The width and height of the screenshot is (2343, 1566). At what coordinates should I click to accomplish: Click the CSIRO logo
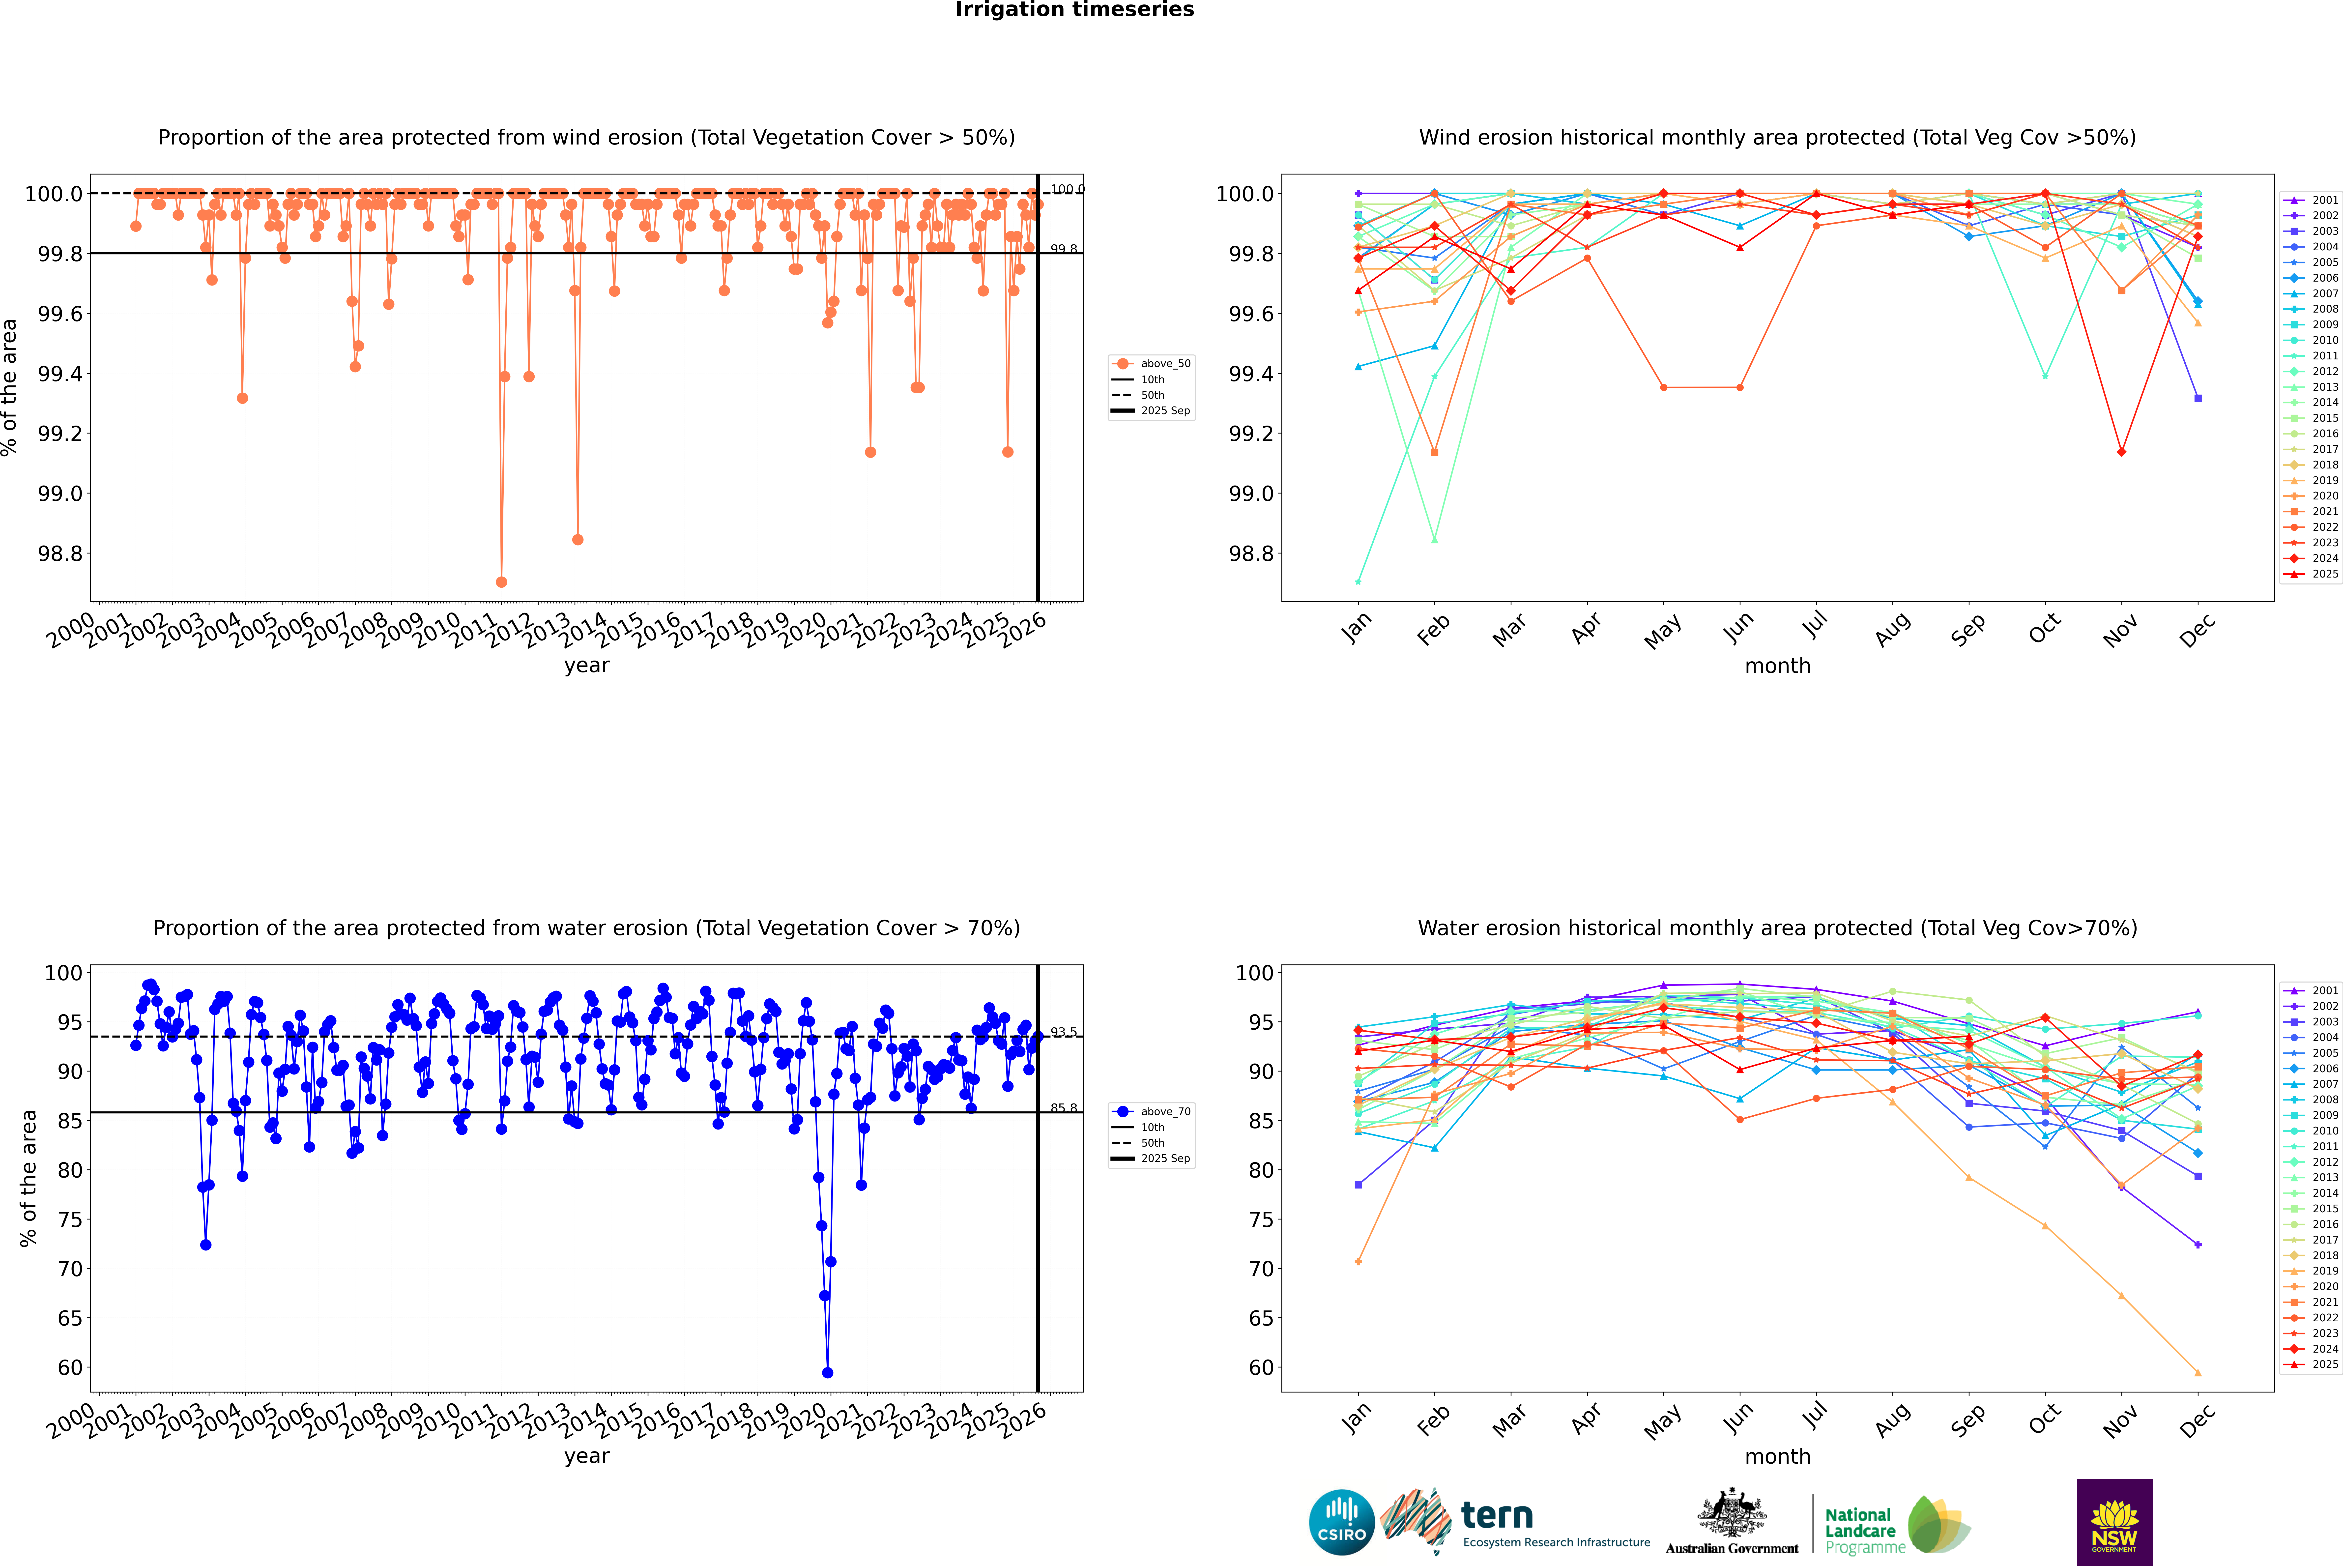1341,1522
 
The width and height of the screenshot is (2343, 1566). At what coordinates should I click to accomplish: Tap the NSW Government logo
2114,1522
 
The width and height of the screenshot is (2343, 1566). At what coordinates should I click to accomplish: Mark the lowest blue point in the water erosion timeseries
827,1372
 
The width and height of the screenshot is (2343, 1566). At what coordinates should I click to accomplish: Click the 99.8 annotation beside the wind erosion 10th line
1064,249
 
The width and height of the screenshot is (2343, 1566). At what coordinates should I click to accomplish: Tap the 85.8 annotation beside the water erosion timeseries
1064,1108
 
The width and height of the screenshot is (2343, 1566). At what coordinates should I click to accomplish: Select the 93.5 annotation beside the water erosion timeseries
1064,1032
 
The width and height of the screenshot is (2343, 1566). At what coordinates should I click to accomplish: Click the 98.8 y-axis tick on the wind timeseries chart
60,553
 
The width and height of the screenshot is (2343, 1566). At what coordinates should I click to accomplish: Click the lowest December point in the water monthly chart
2197,1372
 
